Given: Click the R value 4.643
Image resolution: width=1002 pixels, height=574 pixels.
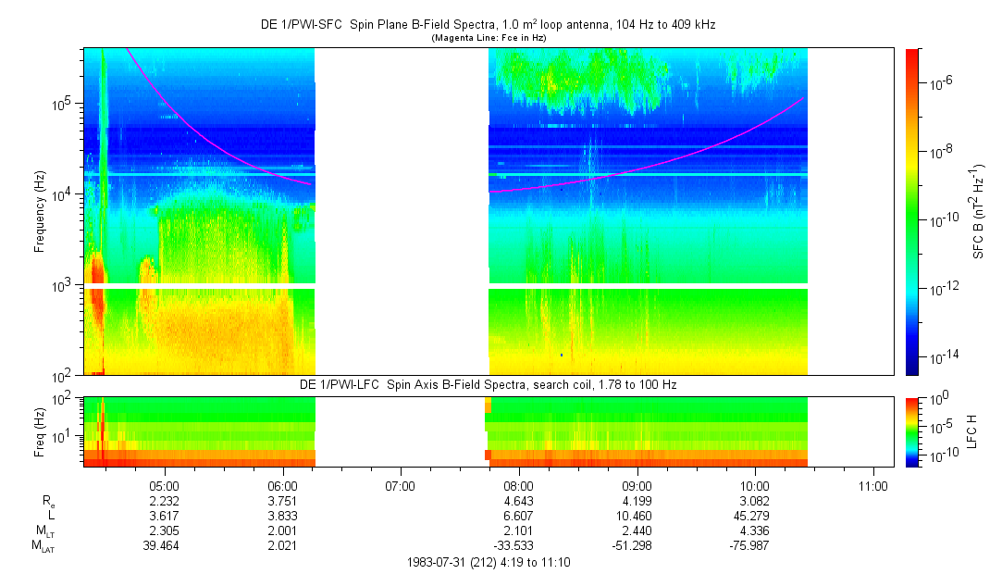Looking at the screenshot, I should (x=518, y=500).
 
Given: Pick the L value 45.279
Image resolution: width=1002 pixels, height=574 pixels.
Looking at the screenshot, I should (x=755, y=515).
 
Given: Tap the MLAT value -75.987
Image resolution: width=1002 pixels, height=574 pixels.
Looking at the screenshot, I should (x=755, y=544).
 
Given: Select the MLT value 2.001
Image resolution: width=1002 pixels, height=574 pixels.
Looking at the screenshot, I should (x=282, y=530).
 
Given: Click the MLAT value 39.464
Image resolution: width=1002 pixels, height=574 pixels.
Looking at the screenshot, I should (x=164, y=544).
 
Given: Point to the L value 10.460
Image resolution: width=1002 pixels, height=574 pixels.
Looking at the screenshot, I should (x=637, y=515).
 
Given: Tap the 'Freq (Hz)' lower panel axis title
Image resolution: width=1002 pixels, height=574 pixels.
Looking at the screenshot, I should (x=40, y=431).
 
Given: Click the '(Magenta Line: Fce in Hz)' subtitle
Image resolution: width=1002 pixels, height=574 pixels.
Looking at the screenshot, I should (x=489, y=37).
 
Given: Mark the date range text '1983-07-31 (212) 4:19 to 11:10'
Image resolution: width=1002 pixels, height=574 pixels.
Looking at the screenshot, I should (x=489, y=562).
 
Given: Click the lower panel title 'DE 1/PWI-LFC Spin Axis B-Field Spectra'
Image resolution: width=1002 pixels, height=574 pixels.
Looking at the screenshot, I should (x=489, y=383).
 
